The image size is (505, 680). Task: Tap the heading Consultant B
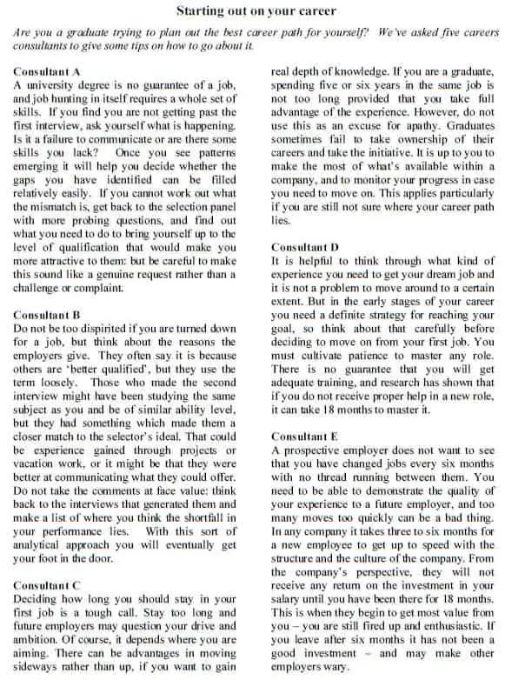click(48, 316)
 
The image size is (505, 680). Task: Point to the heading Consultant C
click(48, 586)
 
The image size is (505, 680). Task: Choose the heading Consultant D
click(305, 247)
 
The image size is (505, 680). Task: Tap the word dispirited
click(116, 329)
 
